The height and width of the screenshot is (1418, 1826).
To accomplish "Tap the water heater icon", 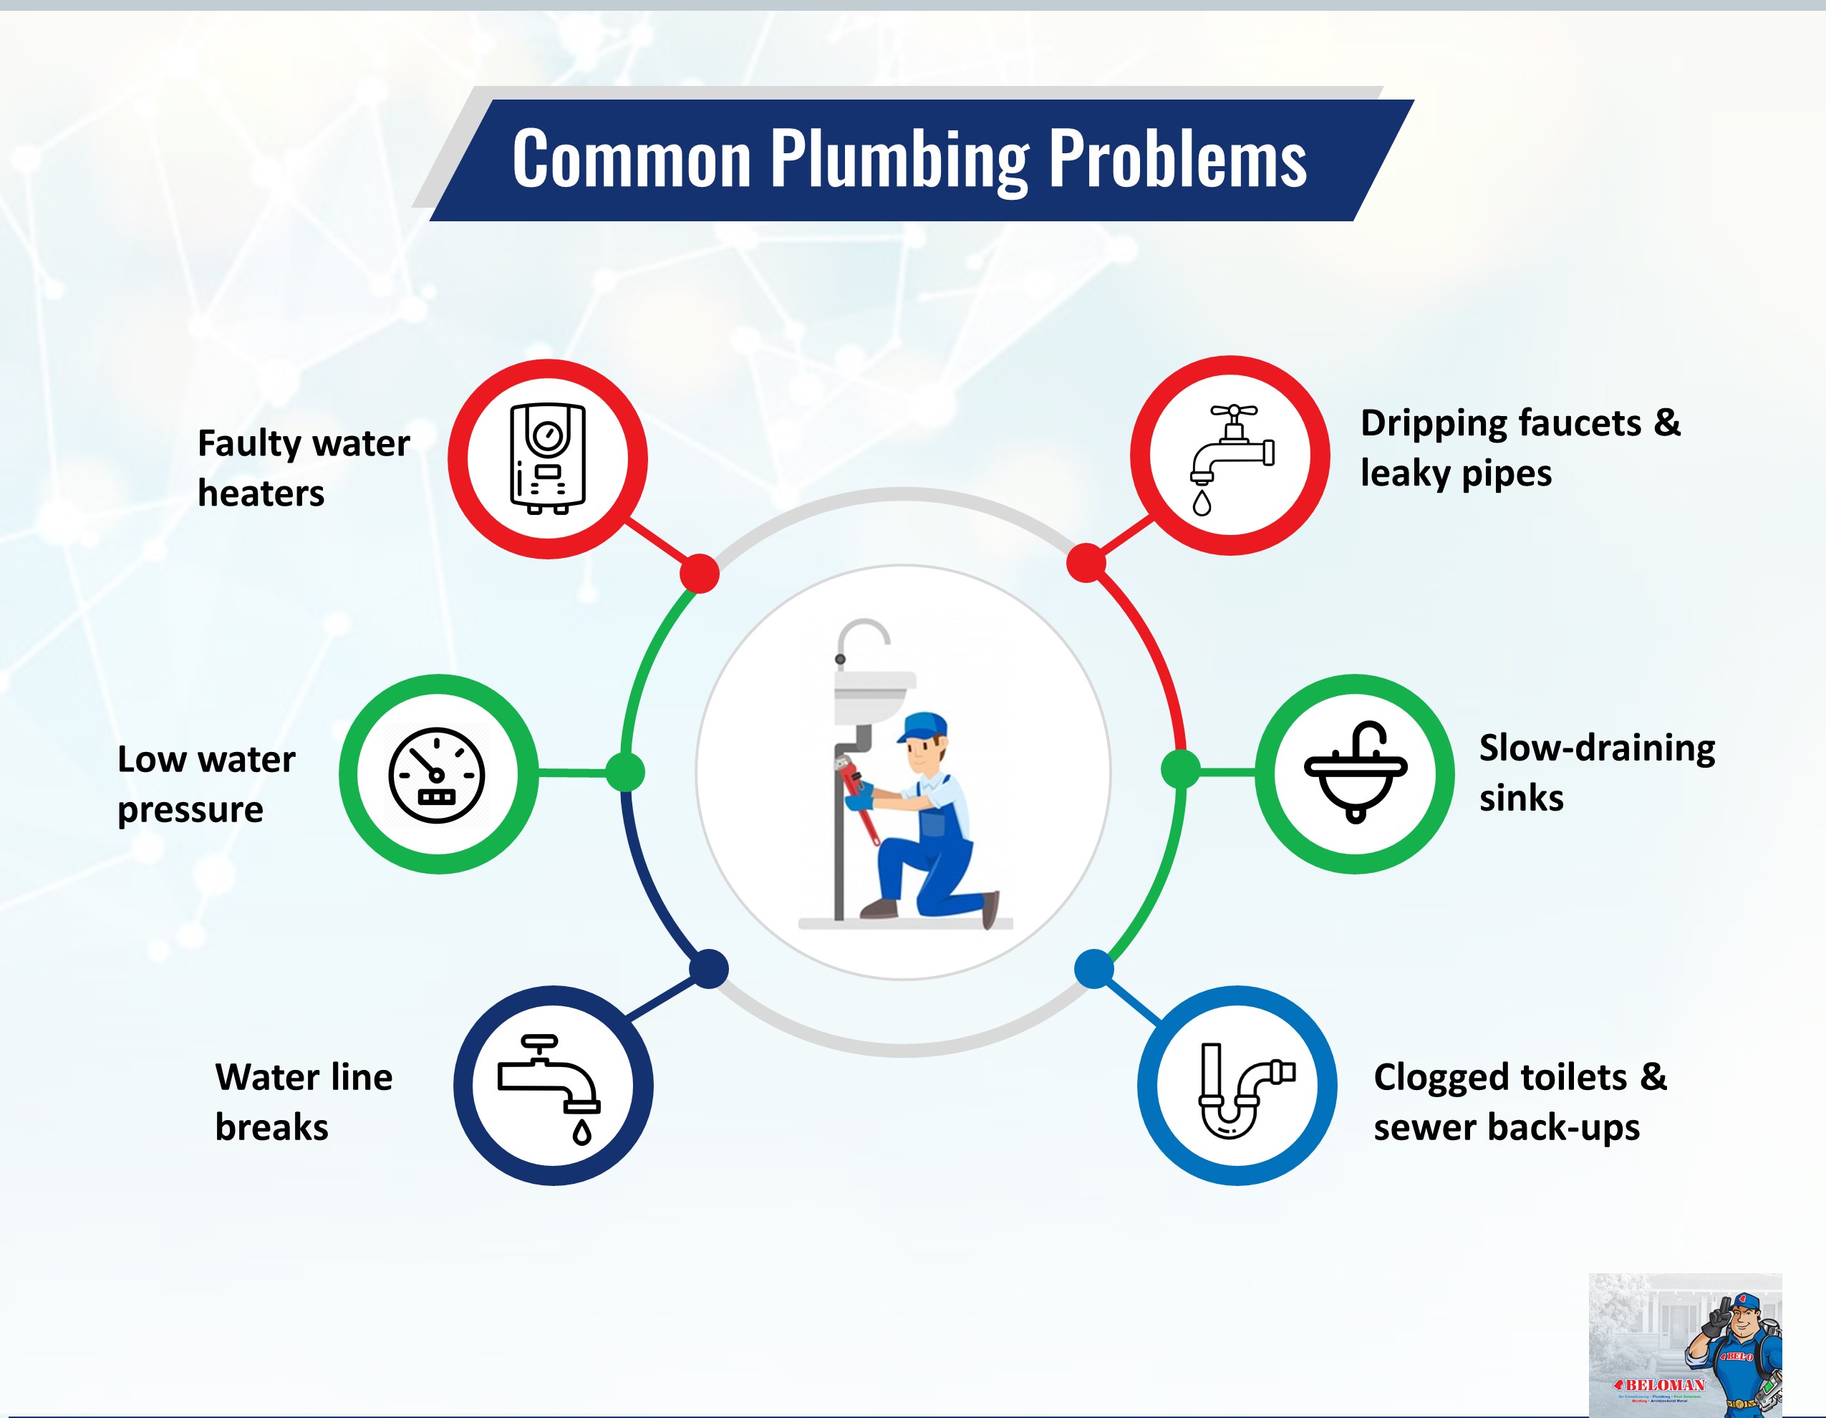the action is [548, 458].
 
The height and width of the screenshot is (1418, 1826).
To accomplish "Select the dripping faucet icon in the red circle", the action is [1231, 456].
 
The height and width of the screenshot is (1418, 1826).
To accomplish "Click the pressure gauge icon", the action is [436, 775].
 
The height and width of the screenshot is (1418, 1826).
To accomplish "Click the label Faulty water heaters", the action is [303, 468].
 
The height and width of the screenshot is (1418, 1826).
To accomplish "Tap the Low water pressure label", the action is [206, 783].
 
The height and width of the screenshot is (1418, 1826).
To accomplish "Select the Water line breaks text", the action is [303, 1101].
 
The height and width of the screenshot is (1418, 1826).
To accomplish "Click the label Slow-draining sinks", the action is [1596, 772].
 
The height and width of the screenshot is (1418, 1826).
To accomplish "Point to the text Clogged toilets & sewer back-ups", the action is [1519, 1101].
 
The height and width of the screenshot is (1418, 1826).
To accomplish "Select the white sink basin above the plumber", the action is [874, 695].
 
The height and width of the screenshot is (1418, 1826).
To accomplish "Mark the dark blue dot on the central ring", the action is [709, 969].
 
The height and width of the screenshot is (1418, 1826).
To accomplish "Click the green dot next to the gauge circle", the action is [624, 771].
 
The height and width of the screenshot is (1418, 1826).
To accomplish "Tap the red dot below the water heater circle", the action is [700, 574].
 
